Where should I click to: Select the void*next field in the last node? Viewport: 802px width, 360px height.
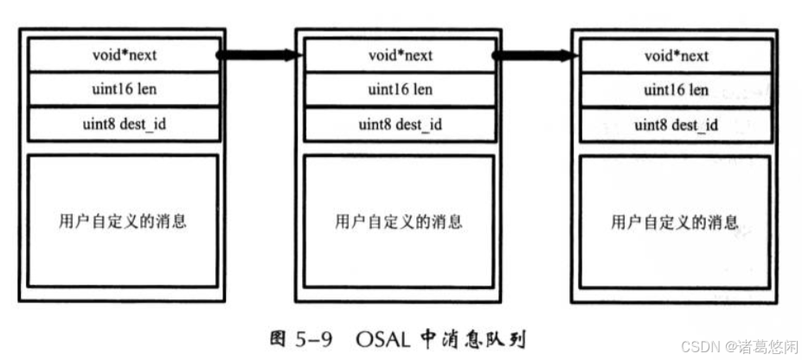[x=676, y=55]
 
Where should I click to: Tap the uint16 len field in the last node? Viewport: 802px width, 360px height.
[x=676, y=90]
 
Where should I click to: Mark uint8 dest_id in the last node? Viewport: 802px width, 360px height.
[x=676, y=125]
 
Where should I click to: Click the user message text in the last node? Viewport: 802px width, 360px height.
[x=676, y=222]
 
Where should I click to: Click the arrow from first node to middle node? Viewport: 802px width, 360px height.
[x=259, y=55]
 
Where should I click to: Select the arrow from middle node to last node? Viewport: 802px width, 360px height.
[x=535, y=55]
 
